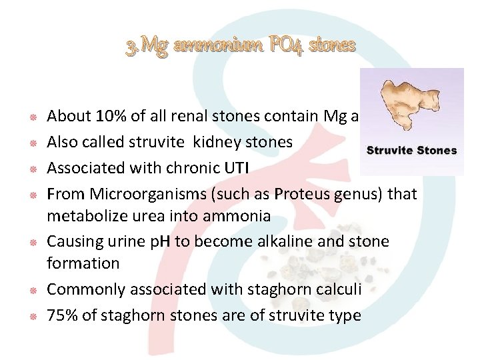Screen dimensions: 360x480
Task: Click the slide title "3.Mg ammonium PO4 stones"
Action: coord(241,46)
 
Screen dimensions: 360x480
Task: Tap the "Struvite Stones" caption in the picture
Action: coord(411,150)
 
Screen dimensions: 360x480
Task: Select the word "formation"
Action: coord(83,263)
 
